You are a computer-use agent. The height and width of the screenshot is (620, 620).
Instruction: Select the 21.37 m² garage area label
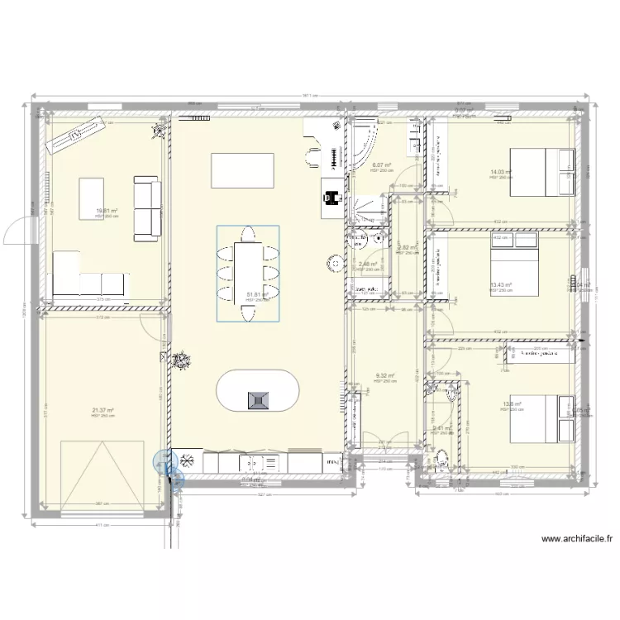[x=103, y=410]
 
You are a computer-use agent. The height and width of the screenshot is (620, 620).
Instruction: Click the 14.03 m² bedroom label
[x=501, y=173]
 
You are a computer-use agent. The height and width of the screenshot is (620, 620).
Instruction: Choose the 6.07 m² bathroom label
[x=382, y=165]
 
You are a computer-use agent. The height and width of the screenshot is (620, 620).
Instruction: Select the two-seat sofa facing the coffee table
[x=146, y=208]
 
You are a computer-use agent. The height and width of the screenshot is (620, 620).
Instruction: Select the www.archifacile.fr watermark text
[x=578, y=538]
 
